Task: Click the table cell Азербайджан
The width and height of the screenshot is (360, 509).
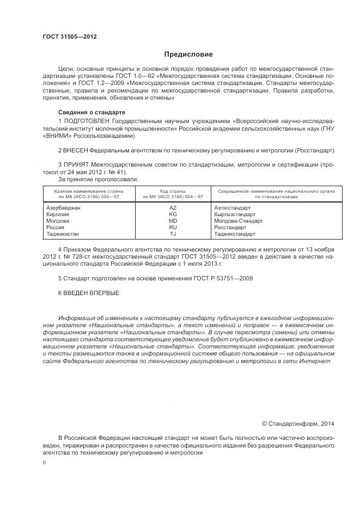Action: [x=63, y=208]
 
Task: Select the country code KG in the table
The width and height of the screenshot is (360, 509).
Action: [x=173, y=214]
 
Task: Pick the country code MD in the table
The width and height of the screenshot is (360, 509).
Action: [x=173, y=221]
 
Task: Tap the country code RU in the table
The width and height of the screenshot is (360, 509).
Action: [x=173, y=228]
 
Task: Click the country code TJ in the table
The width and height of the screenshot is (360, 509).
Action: [x=173, y=234]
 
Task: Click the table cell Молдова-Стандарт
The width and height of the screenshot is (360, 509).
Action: [x=238, y=221]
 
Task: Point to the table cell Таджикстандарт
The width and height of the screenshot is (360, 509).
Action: [x=235, y=234]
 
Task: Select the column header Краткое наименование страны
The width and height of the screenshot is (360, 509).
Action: [x=88, y=191]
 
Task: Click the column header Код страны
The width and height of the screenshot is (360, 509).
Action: [x=173, y=191]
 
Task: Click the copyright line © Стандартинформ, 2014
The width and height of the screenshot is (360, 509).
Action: [x=298, y=423]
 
